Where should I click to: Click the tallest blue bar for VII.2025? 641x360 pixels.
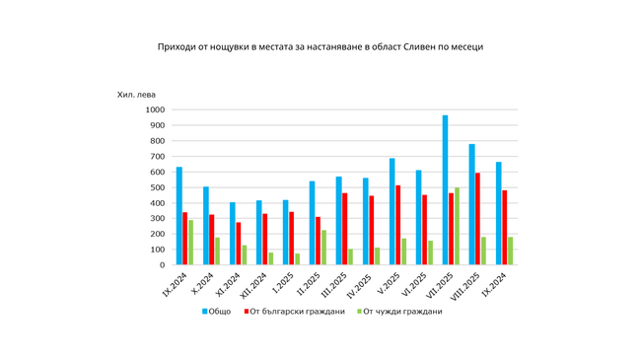coord(445,190)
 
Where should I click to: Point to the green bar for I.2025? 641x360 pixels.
coord(296,259)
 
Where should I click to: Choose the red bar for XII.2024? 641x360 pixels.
coord(265,239)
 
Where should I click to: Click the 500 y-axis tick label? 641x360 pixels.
coord(155,187)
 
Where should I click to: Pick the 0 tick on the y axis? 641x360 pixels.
coord(160,264)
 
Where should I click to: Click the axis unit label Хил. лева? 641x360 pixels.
coord(136,96)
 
